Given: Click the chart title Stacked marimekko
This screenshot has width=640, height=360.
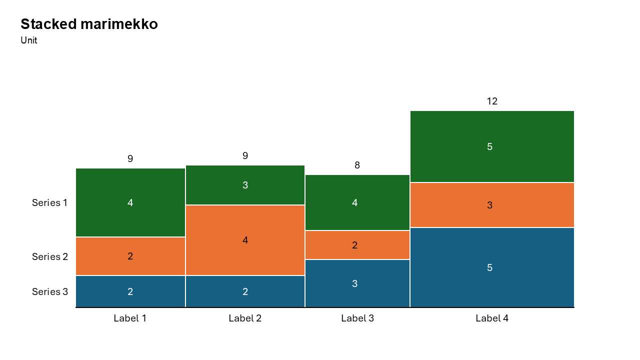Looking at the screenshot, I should pyautogui.click(x=89, y=24).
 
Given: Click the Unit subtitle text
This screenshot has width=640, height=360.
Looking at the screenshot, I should pyautogui.click(x=29, y=40).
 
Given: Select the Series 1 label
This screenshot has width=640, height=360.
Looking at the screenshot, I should pyautogui.click(x=49, y=202).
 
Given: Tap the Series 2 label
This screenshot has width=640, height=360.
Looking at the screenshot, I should pyautogui.click(x=49, y=256).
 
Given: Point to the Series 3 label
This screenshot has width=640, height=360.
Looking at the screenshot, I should pyautogui.click(x=49, y=291).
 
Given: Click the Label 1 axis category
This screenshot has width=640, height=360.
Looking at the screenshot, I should pyautogui.click(x=130, y=318).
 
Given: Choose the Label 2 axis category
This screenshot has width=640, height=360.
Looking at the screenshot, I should pyautogui.click(x=245, y=318).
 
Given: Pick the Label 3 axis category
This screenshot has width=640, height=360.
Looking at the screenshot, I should pyautogui.click(x=357, y=318).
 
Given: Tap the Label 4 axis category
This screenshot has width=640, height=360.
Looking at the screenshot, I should pyautogui.click(x=492, y=318).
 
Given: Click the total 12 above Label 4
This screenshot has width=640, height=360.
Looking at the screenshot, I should pyautogui.click(x=492, y=101).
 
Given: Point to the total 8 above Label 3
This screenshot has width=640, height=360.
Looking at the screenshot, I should pyautogui.click(x=357, y=165).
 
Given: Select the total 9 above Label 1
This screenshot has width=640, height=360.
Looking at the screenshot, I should pyautogui.click(x=130, y=159).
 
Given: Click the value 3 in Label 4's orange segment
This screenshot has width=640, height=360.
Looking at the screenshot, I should pyautogui.click(x=489, y=205).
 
